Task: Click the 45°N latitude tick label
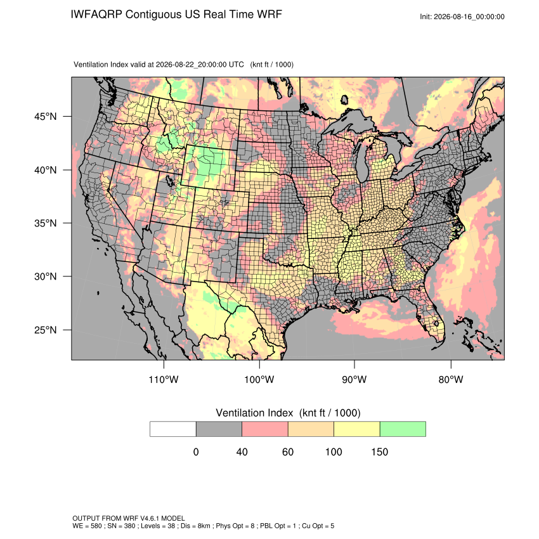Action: (45, 117)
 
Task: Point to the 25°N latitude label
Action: (45, 330)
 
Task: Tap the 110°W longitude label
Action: (164, 379)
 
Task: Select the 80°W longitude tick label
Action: (451, 379)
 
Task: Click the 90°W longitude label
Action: (354, 379)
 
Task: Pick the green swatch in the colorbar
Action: (403, 429)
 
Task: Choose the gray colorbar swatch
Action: (219, 429)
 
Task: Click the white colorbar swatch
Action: (173, 429)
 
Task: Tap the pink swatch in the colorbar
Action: (265, 429)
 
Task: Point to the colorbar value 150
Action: (379, 451)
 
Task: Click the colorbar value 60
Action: (288, 451)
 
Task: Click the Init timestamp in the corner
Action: (462, 16)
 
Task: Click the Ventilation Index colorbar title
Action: (288, 413)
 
